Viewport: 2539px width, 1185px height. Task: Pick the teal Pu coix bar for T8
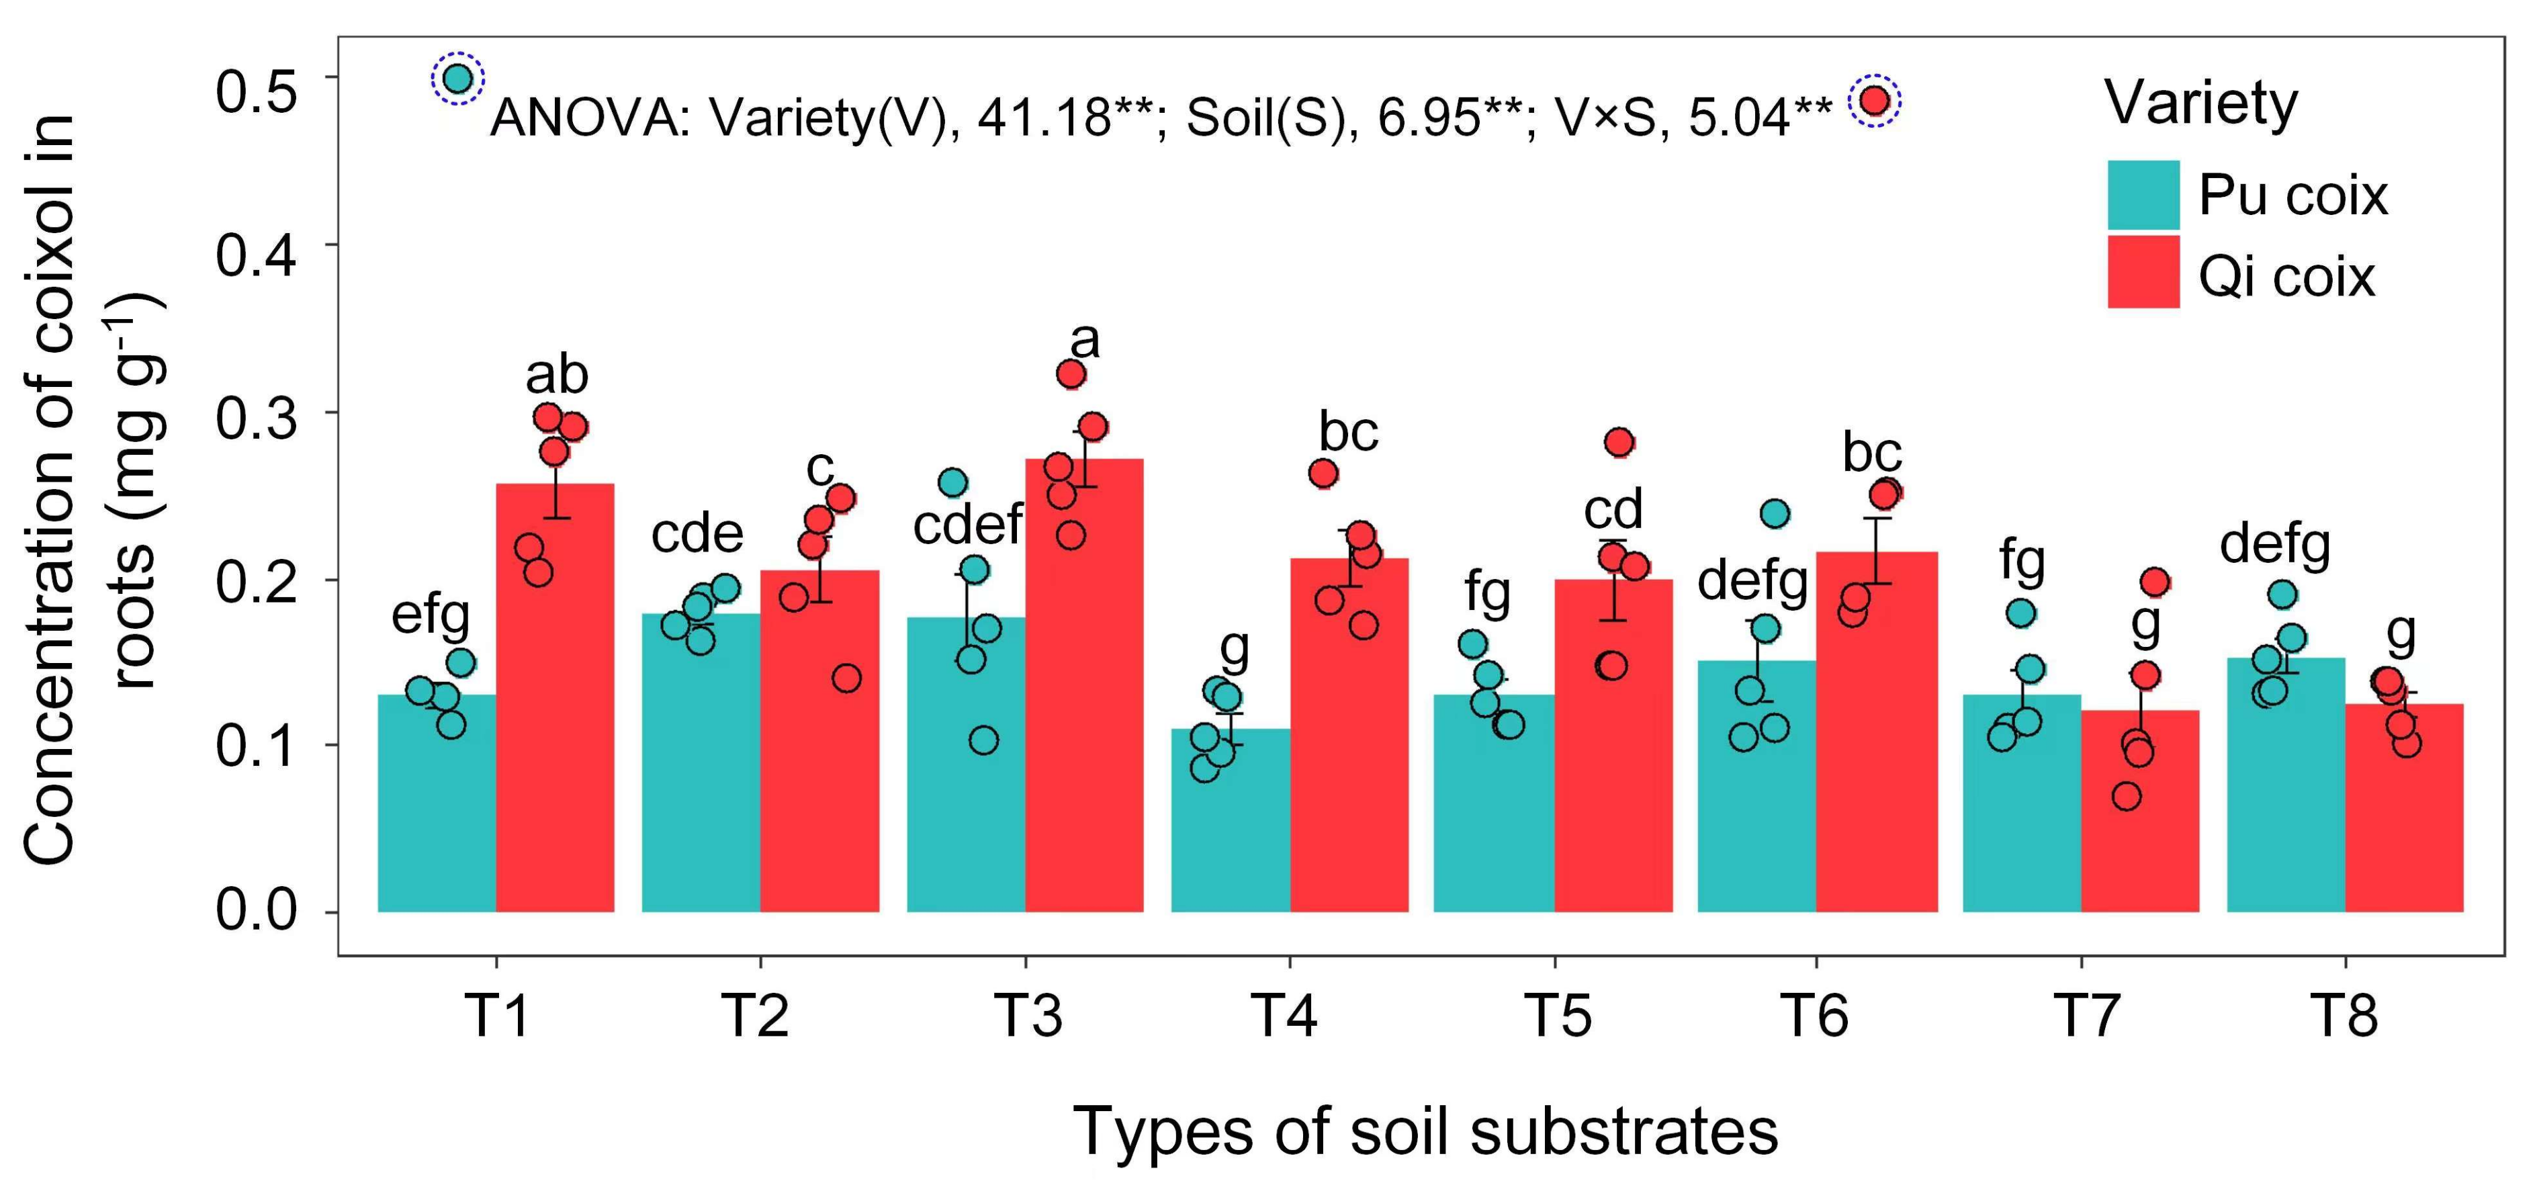2284,789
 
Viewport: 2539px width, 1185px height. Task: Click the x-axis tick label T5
1556,1016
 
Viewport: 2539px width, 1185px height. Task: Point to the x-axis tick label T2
757,1016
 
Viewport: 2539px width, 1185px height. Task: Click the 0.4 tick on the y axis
257,255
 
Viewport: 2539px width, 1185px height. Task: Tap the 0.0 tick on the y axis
257,910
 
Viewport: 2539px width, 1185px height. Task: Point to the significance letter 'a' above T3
1084,342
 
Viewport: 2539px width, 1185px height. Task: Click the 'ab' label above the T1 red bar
557,376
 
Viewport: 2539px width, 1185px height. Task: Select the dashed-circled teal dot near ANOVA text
458,78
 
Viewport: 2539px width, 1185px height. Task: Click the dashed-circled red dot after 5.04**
1874,101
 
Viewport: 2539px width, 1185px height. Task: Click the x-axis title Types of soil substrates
1425,1131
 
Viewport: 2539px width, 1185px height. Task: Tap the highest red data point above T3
1071,374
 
